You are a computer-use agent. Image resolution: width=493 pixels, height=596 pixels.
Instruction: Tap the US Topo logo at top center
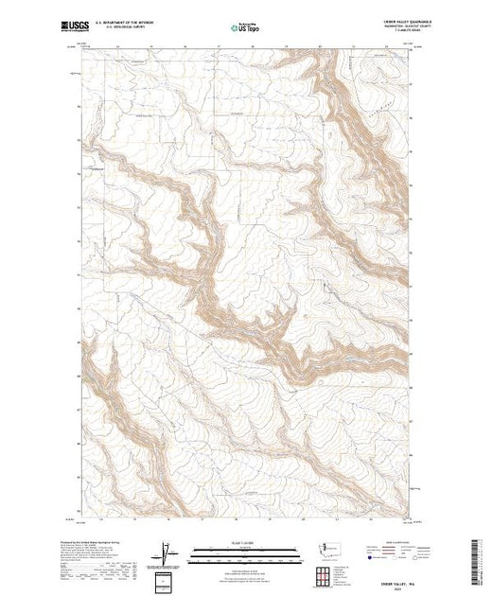(x=245, y=26)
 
